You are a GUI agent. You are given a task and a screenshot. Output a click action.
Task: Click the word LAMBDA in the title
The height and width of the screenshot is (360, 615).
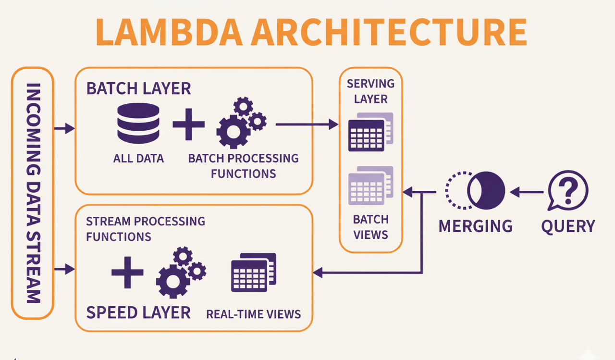click(x=168, y=33)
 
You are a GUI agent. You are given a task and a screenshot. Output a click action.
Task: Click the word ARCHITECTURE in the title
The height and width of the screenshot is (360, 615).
click(x=389, y=33)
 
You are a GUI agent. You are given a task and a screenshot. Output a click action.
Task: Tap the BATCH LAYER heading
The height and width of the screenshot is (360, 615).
click(x=138, y=88)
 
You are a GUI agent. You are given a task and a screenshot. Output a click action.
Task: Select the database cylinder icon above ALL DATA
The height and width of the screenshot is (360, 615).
click(x=138, y=124)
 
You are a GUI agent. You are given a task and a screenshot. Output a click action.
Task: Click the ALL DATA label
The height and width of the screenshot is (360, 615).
click(x=138, y=158)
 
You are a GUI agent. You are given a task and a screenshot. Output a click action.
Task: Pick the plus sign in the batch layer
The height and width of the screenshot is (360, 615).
click(x=189, y=124)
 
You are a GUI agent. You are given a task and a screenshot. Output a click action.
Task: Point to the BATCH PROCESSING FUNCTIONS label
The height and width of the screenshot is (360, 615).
click(x=243, y=165)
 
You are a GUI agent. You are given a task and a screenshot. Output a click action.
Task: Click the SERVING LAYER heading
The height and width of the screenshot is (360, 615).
click(x=370, y=91)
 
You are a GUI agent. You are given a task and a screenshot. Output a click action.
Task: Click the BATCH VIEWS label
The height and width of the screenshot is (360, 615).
click(x=370, y=227)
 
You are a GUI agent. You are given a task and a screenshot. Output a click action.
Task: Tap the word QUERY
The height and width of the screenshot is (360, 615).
click(x=568, y=226)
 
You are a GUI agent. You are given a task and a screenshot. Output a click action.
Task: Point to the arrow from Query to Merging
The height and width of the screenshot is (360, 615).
click(x=527, y=192)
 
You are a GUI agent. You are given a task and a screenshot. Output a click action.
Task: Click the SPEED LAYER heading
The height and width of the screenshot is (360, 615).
click(x=138, y=312)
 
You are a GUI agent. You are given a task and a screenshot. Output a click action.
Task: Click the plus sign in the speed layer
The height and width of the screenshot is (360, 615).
click(x=127, y=272)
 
